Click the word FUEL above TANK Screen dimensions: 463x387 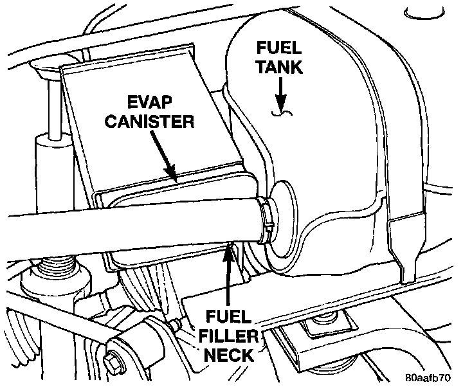[x=279, y=48]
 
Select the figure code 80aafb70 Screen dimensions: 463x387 [x=430, y=377]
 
